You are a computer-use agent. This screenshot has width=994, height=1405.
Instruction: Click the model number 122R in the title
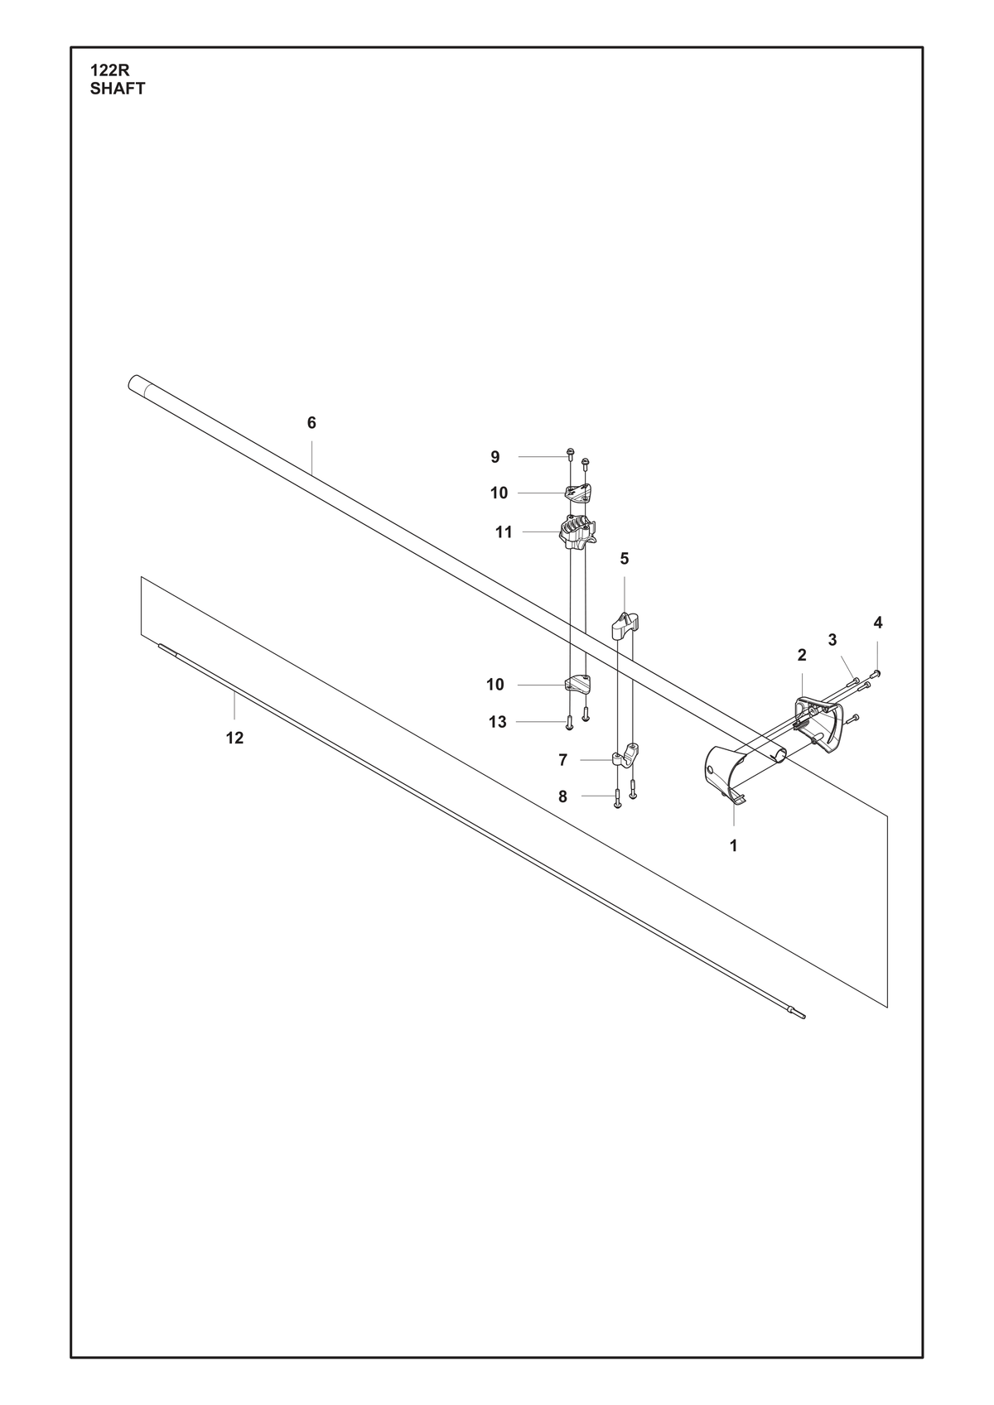pos(110,71)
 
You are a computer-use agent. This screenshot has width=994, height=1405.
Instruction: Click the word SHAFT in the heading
pos(118,89)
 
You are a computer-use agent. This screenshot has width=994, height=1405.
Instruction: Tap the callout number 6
pos(311,423)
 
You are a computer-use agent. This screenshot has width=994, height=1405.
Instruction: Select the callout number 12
pos(234,739)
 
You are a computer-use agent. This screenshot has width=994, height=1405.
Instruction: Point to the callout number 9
pos(495,457)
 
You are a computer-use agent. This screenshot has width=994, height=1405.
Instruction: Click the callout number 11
pos(504,532)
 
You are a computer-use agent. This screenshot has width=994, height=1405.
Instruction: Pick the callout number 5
pos(625,558)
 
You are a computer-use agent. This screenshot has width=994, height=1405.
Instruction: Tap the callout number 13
pos(498,723)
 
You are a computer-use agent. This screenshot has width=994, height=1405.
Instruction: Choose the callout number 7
pos(563,760)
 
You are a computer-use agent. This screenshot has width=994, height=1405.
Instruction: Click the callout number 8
pos(562,796)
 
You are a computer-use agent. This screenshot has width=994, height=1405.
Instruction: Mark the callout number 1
pos(734,846)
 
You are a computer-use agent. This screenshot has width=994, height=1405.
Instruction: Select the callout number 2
pos(802,656)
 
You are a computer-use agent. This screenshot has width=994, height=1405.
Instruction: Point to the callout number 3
pos(832,640)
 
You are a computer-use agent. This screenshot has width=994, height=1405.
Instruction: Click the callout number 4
pos(878,623)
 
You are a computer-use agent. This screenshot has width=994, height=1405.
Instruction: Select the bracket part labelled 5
pos(625,625)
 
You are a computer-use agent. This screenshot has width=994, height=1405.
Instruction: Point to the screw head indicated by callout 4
pos(877,673)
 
